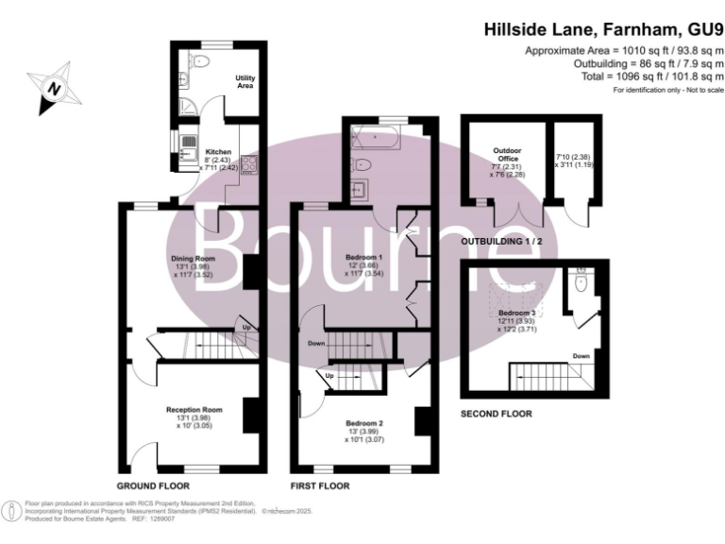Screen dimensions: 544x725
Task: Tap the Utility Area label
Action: [x=244, y=81]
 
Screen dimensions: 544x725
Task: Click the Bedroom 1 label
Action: [x=363, y=258]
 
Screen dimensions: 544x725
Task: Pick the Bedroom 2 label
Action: [x=363, y=424]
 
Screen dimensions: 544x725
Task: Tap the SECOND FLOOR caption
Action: [x=496, y=414]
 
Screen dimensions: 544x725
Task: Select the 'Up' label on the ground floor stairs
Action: [x=247, y=328]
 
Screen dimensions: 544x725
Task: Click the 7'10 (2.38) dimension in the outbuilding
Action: [x=573, y=156]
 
